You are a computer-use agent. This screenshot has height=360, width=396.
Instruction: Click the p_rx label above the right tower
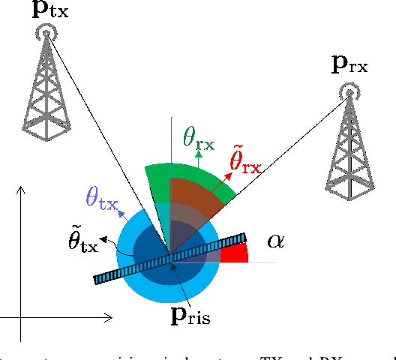pyautogui.click(x=349, y=65)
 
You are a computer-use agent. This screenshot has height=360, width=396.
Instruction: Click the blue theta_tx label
pyautogui.click(x=102, y=196)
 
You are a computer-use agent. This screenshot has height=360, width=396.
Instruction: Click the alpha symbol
pyautogui.click(x=275, y=241)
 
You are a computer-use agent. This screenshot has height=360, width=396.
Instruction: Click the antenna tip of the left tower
pyautogui.click(x=46, y=32)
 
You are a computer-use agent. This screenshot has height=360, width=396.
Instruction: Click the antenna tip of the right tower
pyautogui.click(x=347, y=91)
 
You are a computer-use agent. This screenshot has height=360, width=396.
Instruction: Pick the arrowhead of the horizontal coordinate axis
pyautogui.click(x=109, y=319)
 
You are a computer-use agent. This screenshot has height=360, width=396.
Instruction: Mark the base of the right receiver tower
pyautogui.click(x=349, y=198)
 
